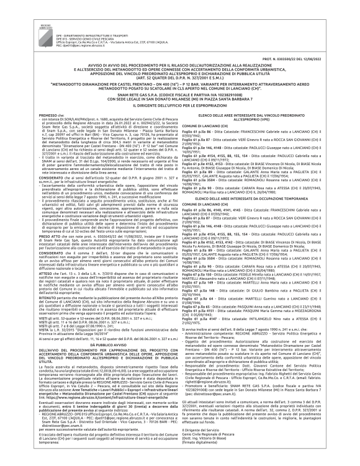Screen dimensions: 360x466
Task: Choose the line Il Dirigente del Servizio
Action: pos(214,446)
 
